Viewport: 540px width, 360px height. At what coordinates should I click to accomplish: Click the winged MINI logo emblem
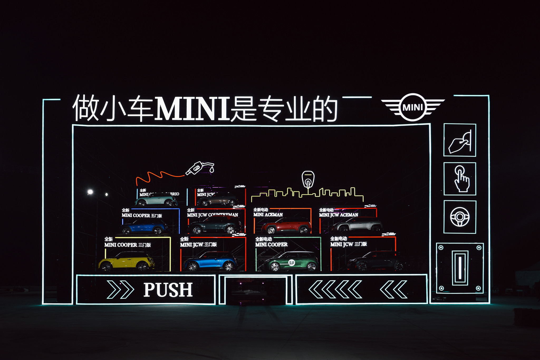coord(413,107)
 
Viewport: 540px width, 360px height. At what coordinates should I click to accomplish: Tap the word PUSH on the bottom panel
coord(168,290)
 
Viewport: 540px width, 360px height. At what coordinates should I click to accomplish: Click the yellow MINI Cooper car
coord(126,262)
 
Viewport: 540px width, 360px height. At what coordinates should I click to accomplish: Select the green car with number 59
coord(292,262)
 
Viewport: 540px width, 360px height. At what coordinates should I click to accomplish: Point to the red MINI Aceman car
coord(286,226)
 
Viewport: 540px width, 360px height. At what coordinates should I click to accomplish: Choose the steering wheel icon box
coord(460,217)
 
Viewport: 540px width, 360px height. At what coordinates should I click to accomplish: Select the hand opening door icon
coord(460,140)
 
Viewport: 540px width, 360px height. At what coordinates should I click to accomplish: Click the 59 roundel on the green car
coord(291,262)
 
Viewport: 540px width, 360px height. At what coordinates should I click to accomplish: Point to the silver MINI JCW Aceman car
coord(358,225)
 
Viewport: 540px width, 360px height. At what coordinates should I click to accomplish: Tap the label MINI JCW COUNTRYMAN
coord(213,215)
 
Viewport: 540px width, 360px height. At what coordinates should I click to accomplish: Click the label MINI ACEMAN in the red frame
coord(268,215)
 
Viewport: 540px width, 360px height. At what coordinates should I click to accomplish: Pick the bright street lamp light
coord(90,192)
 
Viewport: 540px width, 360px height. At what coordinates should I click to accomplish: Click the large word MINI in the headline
coord(192,109)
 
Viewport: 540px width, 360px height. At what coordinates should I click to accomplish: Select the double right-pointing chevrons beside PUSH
coord(120,290)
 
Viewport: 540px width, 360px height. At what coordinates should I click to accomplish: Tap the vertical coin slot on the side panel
coord(460,268)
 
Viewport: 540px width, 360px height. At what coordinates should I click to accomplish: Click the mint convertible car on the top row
coord(156,200)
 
